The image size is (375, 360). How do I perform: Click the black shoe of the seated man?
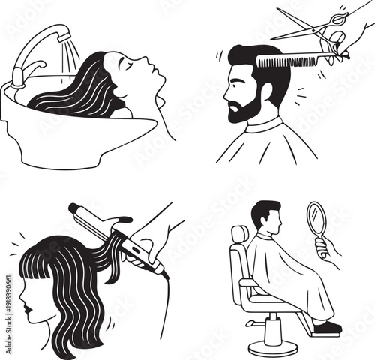[x=327, y=327]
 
